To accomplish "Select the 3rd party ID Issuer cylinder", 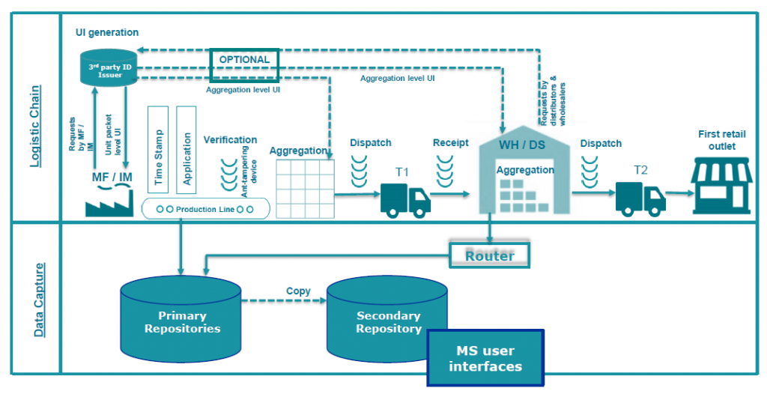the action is coord(108,68).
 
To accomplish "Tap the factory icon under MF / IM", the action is coord(109,203).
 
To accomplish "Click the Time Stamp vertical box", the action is coord(158,150).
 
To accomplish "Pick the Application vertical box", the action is coord(187,150).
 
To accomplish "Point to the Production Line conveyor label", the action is coord(205,209).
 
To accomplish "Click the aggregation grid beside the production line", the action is coord(306,189).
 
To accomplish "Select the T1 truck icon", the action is coord(405,200).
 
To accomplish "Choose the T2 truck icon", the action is coord(640,198).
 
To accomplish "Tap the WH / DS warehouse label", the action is coord(522,145).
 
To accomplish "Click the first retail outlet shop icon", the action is coord(722,186).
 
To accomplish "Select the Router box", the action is coord(489,255).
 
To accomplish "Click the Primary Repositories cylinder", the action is coord(181,319).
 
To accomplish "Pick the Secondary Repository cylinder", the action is coord(387,319).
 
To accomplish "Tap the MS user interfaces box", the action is coord(485,358).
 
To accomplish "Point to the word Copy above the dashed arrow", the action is coord(298,291).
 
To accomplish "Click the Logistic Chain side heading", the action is coord(34,127).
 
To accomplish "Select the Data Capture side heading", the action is coord(39,300).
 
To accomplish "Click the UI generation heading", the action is coord(106,32).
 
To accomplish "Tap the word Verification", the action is coord(230,139).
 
